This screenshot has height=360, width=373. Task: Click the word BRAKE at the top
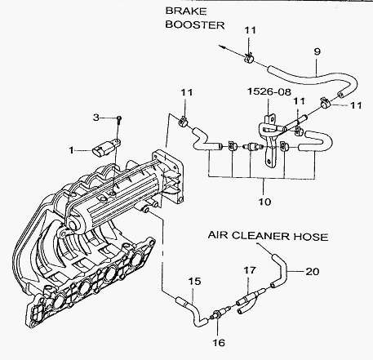click(x=186, y=11)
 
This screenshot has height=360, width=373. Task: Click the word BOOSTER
click(x=195, y=24)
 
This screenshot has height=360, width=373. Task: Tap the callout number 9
click(x=317, y=51)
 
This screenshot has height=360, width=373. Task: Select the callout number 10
click(x=264, y=202)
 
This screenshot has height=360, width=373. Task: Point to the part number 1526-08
click(x=269, y=91)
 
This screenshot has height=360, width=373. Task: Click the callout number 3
click(x=96, y=118)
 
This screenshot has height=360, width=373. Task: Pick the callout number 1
click(x=71, y=150)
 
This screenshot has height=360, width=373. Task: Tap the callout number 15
click(x=194, y=281)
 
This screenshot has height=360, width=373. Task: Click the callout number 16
click(x=219, y=343)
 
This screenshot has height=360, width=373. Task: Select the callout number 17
click(x=250, y=270)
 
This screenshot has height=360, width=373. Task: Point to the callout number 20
click(x=312, y=271)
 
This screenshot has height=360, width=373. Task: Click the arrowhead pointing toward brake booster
click(x=221, y=47)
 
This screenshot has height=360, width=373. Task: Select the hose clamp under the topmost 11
click(x=248, y=58)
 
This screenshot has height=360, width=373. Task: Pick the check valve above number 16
click(x=220, y=313)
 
